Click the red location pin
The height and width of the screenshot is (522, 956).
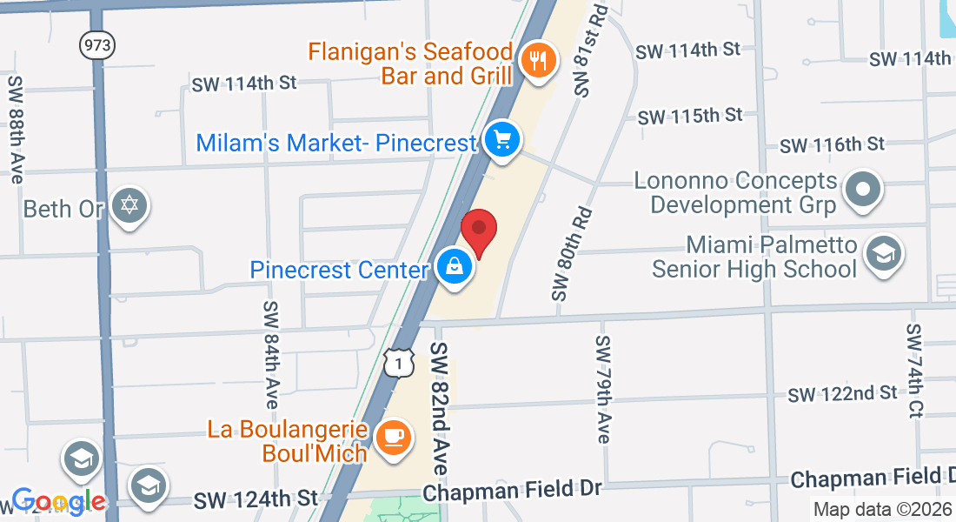(477, 229)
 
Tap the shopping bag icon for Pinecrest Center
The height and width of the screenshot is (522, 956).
(455, 268)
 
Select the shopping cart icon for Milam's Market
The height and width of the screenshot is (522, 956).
(501, 139)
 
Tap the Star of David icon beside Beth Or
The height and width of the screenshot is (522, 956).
(130, 206)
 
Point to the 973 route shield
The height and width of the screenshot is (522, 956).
(97, 46)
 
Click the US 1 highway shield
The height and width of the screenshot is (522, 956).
(396, 363)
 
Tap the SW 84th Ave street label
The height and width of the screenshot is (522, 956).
(271, 356)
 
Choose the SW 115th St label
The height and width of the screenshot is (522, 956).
(690, 116)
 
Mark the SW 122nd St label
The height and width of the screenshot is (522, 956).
(842, 394)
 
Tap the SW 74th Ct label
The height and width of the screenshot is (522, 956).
(913, 371)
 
